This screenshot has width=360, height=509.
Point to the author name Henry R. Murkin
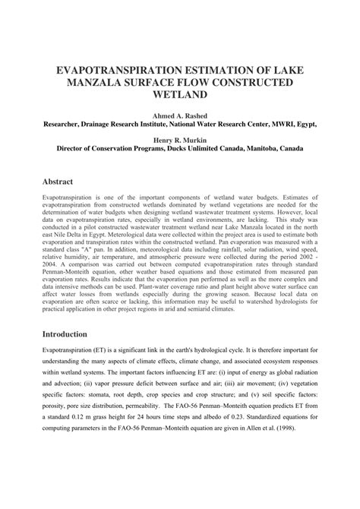coord(180,141)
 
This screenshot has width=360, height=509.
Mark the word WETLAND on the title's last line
coord(180,96)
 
